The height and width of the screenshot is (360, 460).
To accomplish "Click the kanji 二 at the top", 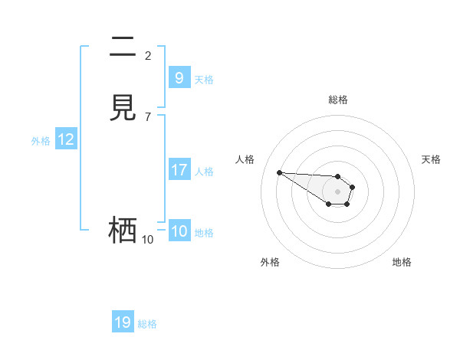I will (x=123, y=47).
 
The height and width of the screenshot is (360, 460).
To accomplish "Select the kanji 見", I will (x=123, y=108).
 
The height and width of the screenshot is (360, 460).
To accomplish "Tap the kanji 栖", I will (x=123, y=231).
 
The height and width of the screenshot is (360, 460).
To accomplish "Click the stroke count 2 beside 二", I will (x=148, y=55).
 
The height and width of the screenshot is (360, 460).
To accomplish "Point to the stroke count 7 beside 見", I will (x=148, y=116).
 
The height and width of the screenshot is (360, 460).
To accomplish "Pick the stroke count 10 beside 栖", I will (x=148, y=240).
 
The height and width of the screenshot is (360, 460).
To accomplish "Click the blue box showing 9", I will (x=179, y=78).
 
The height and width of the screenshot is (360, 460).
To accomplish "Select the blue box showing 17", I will (x=179, y=170).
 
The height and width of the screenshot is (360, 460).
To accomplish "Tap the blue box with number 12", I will (x=66, y=139).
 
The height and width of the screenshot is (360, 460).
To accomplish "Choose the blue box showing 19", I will (x=123, y=322).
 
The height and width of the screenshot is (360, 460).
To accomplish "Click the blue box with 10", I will (x=179, y=231).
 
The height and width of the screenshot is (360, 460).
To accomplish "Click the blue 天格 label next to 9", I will (x=204, y=80).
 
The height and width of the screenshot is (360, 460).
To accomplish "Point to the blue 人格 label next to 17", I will (x=204, y=172).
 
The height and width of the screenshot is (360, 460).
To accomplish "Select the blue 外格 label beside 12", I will (x=41, y=141).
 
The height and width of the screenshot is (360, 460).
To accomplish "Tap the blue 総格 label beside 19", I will (x=147, y=324).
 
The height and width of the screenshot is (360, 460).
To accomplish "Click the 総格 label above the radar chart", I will (x=338, y=100).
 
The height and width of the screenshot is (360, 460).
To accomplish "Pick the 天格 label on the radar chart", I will (x=431, y=159).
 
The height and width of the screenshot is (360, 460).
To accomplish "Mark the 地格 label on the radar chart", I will (x=402, y=262).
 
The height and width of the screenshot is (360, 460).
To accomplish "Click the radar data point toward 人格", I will (x=279, y=172).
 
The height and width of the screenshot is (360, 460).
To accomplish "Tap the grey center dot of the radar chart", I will (x=337, y=191).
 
